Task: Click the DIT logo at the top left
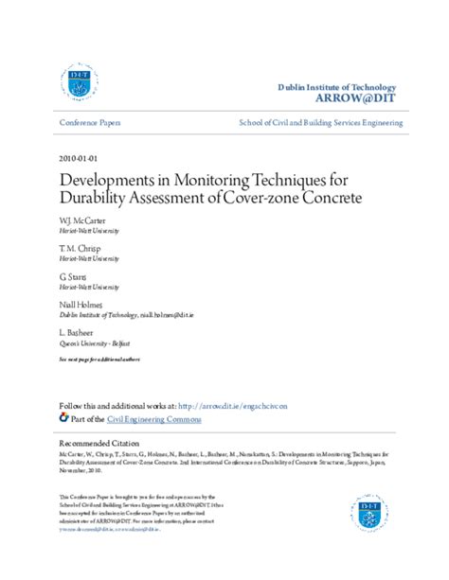coord(80,84)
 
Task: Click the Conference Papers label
coord(90,124)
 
